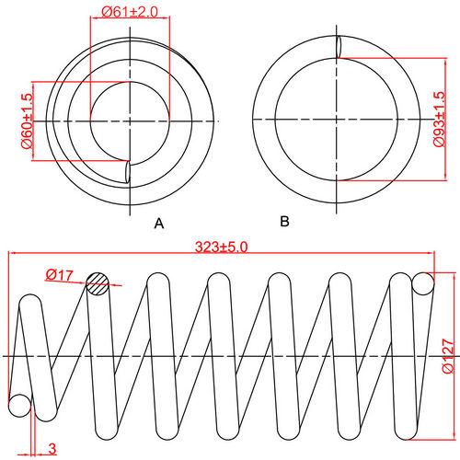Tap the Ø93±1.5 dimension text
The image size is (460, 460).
point(439,120)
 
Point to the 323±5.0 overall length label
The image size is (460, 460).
point(222,247)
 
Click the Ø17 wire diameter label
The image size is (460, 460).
point(59,274)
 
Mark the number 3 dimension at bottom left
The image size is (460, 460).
point(52,448)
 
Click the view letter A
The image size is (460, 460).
point(159,224)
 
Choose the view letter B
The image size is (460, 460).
point(284,222)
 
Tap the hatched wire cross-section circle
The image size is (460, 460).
point(98,284)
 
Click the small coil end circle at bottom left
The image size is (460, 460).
point(19,404)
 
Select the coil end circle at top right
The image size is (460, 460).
point(423,283)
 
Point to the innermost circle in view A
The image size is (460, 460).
point(130,120)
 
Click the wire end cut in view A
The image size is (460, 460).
point(127,172)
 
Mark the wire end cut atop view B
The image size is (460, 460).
point(339,46)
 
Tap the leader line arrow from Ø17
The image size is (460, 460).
point(86,281)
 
